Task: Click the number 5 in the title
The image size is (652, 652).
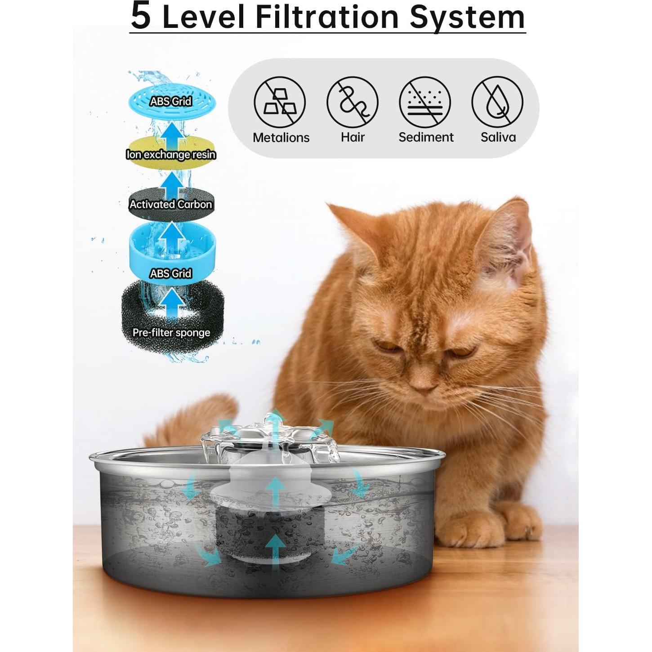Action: (x=141, y=16)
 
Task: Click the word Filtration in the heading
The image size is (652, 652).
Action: (x=327, y=17)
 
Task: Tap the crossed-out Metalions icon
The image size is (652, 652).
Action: (x=280, y=103)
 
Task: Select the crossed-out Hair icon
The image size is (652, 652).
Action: (x=353, y=103)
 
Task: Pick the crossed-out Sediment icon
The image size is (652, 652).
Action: (x=425, y=103)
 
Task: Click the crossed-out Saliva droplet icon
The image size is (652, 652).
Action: (x=497, y=103)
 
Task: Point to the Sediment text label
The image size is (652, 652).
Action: (x=426, y=137)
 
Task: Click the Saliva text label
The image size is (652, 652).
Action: (x=498, y=137)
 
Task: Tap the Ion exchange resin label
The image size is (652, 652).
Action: (x=171, y=155)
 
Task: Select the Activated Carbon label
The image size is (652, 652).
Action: (x=171, y=204)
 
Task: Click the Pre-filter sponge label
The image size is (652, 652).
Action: (x=171, y=333)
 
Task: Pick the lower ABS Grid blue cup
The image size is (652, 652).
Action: (x=172, y=252)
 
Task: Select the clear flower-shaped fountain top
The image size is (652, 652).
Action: (x=270, y=438)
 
